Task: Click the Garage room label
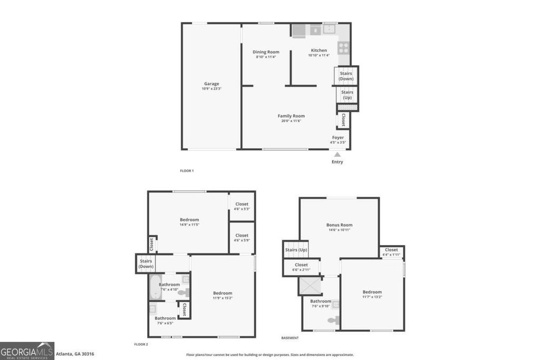(211, 86)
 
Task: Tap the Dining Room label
(266, 54)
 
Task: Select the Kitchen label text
(319, 53)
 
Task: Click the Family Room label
(291, 118)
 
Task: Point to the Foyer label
(338, 140)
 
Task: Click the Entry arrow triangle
(337, 154)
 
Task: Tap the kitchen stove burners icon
(343, 48)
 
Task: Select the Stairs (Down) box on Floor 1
(346, 76)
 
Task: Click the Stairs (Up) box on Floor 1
(347, 94)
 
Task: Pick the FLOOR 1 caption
(187, 171)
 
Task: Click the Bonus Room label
(339, 227)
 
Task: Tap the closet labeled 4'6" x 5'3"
(242, 206)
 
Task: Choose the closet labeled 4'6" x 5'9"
(242, 238)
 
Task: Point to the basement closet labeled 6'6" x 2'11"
(301, 267)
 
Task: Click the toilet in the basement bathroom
(333, 319)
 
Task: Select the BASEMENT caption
(290, 338)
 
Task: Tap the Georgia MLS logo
(27, 351)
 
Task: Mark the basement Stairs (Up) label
(296, 250)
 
